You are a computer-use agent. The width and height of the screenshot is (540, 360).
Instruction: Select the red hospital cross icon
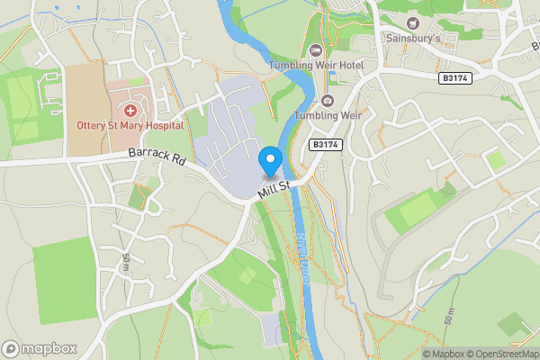[x=130, y=110]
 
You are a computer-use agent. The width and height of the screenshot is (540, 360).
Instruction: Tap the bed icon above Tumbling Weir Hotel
[x=315, y=49]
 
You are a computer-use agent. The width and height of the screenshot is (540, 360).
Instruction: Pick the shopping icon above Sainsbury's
[x=414, y=22]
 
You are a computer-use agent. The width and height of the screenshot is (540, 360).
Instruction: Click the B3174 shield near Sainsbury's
[x=456, y=79]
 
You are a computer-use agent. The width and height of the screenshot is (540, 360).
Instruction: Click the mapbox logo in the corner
[x=40, y=348]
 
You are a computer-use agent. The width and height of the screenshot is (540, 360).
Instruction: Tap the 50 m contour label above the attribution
[x=449, y=315]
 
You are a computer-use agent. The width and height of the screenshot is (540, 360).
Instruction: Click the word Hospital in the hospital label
[x=161, y=126]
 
